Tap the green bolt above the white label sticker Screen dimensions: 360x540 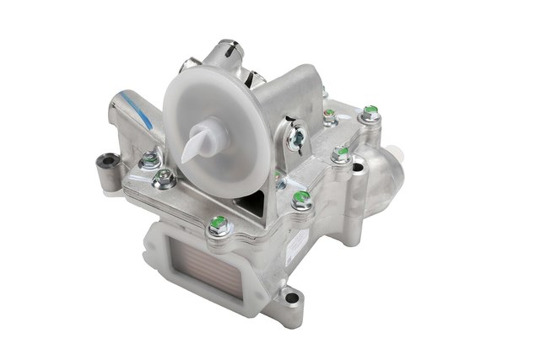299,201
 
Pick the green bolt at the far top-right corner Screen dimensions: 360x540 369,110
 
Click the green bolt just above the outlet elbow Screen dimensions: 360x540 341,153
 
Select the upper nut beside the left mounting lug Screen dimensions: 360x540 150,157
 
